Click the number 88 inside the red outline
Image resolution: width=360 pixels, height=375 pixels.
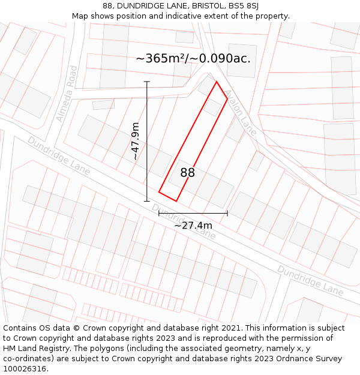(188, 173)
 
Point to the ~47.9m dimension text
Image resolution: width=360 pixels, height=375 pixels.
(136, 141)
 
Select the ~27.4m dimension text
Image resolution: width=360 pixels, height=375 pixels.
(193, 225)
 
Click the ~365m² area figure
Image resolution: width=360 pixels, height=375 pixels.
(160, 58)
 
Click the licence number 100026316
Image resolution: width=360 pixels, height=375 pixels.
(25, 369)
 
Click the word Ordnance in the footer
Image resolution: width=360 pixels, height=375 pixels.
(300, 359)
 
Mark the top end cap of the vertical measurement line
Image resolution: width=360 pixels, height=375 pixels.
(147, 82)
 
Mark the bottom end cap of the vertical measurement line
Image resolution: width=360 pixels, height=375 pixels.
(147, 201)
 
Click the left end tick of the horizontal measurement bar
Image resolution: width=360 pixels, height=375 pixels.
(159, 212)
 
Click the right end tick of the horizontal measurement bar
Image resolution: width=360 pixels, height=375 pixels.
(227, 212)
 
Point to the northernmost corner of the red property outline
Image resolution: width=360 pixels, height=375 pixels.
(216, 82)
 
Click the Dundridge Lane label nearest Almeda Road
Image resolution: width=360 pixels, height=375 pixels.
(58, 156)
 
